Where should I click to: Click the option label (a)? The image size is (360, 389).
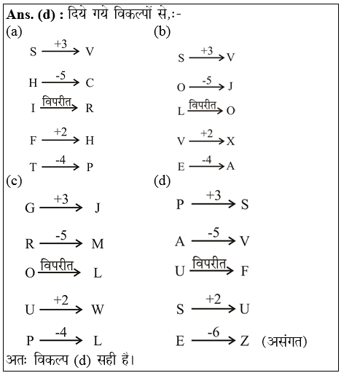pyautogui.click(x=13, y=32)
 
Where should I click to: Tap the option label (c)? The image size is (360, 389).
pyautogui.click(x=13, y=181)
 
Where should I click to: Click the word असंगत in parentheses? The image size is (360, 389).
pyautogui.click(x=283, y=340)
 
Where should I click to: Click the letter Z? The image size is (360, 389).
pyautogui.click(x=244, y=341)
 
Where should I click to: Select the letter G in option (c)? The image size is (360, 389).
pyautogui.click(x=30, y=208)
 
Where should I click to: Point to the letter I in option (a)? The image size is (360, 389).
pyautogui.click(x=33, y=109)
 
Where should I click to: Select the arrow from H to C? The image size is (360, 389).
pyautogui.click(x=60, y=82)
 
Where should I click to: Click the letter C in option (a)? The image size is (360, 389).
pyautogui.click(x=90, y=82)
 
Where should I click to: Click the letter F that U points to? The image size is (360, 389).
pyautogui.click(x=245, y=271)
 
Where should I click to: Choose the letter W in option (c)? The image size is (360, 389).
pyautogui.click(x=98, y=309)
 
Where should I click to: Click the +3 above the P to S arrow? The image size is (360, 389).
pyautogui.click(x=214, y=195)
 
